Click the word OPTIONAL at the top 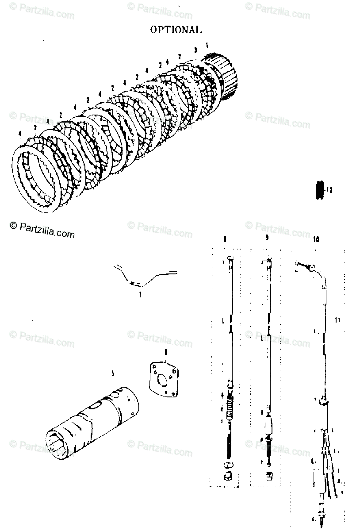(x=176, y=30)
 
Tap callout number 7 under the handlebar (x=139, y=294)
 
